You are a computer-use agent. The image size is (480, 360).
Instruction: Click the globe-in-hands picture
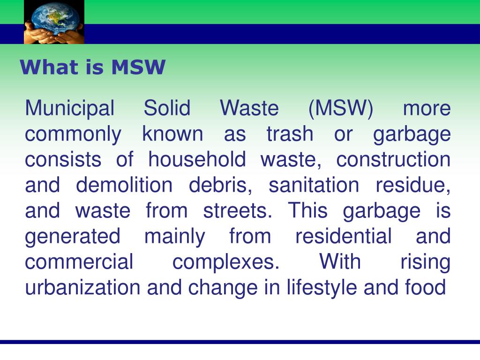tap(54, 22)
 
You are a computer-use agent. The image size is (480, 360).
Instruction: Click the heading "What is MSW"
tap(92, 67)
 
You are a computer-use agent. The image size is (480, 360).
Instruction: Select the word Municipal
tap(69, 109)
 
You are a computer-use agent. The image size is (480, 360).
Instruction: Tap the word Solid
tap(167, 109)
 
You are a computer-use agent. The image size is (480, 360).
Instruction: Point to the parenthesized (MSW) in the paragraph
tap(341, 109)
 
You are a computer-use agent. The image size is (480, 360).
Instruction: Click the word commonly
tap(73, 135)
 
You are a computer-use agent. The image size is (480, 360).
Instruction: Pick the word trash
tap(289, 135)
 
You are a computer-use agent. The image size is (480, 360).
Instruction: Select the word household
tap(197, 160)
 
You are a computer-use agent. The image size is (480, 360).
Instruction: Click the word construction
tap(393, 160)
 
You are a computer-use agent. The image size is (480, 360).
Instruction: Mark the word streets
tap(237, 211)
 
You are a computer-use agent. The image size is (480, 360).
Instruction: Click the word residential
tap(343, 236)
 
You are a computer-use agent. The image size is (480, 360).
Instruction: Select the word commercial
tap(79, 262)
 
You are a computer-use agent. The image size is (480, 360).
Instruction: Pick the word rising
tap(425, 262)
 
